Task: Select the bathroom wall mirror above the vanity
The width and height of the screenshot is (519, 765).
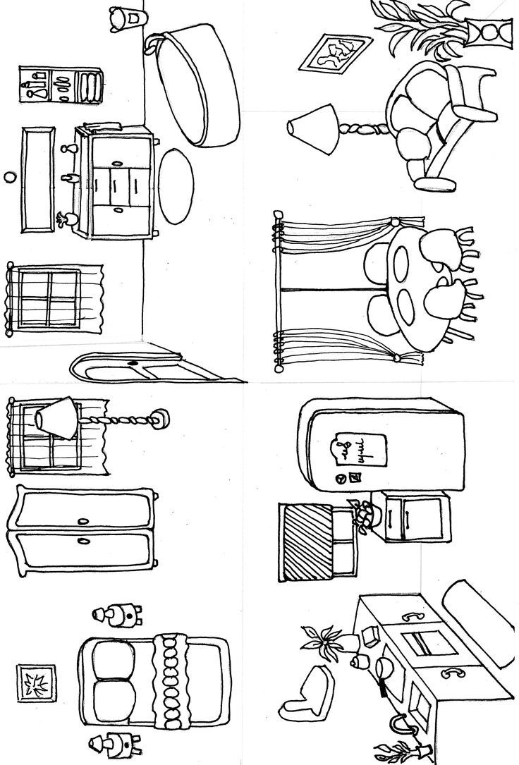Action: [39, 180]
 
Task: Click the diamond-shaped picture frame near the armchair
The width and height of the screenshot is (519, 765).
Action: [336, 54]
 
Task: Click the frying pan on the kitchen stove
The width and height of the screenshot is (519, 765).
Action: [384, 668]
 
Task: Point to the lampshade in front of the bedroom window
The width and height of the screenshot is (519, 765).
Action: [56, 420]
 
